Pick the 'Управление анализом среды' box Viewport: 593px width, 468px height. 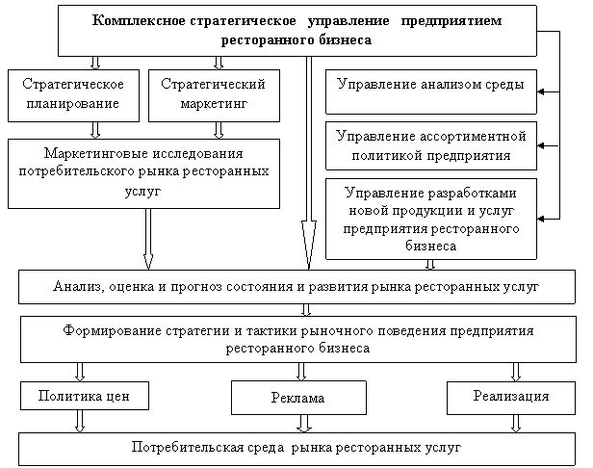point(430,85)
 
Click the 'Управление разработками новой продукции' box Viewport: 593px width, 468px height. point(430,218)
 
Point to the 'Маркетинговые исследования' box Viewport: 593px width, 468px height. point(144,172)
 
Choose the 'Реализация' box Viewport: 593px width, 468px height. point(511,396)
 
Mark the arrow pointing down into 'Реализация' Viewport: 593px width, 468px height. point(517,372)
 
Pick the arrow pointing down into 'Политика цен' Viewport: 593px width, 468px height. point(81,372)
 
